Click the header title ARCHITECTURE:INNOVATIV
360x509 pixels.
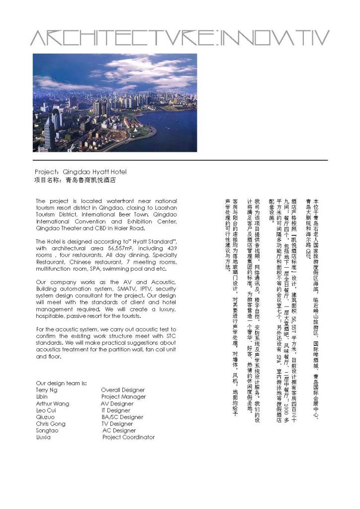(x=180, y=37)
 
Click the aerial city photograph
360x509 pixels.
(x=115, y=102)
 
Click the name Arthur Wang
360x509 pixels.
(x=53, y=404)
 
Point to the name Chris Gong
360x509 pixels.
(x=50, y=424)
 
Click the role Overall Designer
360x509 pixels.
(x=123, y=390)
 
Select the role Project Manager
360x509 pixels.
(x=123, y=397)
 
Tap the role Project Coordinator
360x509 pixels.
(x=128, y=437)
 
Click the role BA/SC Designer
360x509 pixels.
(x=122, y=417)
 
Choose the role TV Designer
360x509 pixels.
(x=117, y=424)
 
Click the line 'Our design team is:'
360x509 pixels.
(x=62, y=383)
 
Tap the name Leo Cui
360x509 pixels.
(x=46, y=410)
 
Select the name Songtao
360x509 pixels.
(x=47, y=430)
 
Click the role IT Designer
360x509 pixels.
(x=116, y=410)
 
